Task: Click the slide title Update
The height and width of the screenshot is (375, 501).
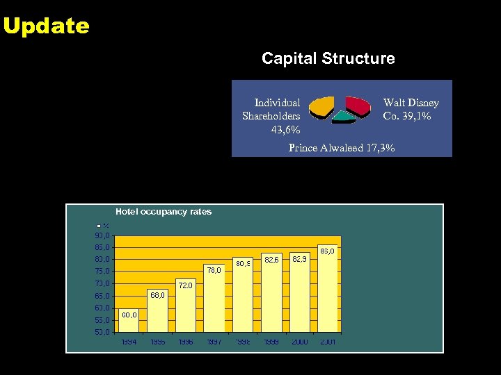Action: click(46, 26)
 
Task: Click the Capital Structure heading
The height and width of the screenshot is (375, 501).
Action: click(328, 59)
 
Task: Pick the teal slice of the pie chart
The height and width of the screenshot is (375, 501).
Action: click(342, 117)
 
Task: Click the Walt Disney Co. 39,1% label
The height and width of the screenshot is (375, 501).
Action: click(411, 110)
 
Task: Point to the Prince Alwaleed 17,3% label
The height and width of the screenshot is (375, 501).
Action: click(342, 148)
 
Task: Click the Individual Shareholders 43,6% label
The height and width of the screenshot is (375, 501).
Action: click(272, 116)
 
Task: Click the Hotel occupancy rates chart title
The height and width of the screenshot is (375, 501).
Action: click(164, 212)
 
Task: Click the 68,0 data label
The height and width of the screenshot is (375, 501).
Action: click(158, 295)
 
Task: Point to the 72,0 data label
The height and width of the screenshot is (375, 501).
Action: click(186, 285)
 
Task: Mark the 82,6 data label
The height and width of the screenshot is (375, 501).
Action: click(272, 260)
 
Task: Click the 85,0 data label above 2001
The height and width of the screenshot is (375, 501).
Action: click(327, 251)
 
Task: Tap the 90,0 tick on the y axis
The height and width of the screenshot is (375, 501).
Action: click(102, 235)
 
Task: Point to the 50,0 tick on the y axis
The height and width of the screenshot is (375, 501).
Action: click(102, 333)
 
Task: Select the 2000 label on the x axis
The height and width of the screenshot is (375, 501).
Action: click(300, 342)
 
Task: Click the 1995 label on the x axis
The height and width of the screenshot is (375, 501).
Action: click(157, 342)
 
